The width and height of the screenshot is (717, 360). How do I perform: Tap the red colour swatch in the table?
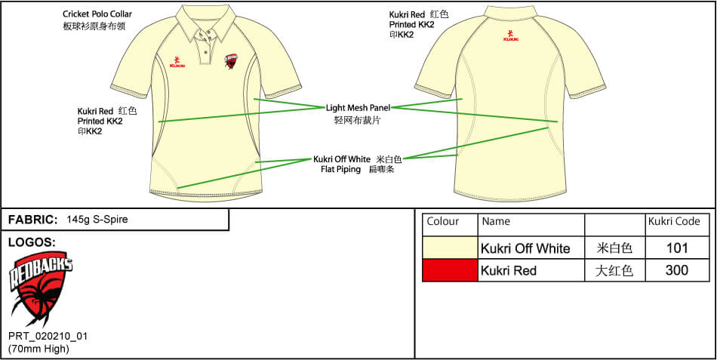pos(450,270)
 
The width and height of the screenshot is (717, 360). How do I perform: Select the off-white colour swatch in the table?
pos(450,248)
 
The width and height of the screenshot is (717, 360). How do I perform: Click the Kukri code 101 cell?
pos(677,248)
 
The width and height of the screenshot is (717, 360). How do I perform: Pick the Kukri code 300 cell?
pos(677,270)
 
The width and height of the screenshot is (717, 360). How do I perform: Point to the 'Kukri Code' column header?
pos(674,221)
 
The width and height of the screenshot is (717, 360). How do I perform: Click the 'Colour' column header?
pos(442,221)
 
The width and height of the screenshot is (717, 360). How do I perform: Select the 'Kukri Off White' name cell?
pos(525,248)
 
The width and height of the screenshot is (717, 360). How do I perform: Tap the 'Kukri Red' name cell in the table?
pos(509,271)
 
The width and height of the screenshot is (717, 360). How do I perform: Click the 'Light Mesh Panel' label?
pos(358,108)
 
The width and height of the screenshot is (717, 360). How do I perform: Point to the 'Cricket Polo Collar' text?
pos(97,14)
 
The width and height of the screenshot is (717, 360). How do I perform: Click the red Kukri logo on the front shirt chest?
pos(177,62)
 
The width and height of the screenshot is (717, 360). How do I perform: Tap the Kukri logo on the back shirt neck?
pos(511,35)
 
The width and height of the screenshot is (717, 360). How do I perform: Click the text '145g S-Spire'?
pos(97,219)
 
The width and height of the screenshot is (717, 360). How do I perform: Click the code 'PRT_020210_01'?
pos(48,336)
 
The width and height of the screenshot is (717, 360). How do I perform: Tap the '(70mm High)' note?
pos(38,349)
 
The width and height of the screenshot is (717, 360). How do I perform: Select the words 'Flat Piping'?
pos(340,169)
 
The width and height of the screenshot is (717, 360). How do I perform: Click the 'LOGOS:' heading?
pos(32,242)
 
